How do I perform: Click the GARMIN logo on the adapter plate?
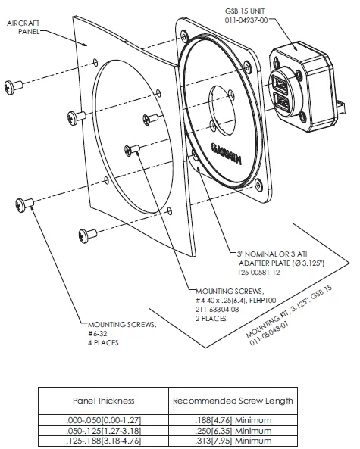(226, 154)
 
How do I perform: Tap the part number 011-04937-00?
(246, 20)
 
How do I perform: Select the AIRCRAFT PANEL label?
(23, 27)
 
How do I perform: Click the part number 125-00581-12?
(258, 272)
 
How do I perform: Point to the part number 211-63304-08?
(218, 309)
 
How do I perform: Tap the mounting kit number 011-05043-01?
(269, 334)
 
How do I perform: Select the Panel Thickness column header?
(104, 401)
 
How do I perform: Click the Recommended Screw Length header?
(233, 401)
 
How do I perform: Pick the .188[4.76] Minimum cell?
(233, 420)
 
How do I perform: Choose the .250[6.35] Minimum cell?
(233, 431)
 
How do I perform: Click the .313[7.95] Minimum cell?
(233, 441)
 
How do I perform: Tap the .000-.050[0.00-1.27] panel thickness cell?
(104, 420)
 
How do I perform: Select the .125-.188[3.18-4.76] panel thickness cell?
(104, 441)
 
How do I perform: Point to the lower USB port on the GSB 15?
(282, 103)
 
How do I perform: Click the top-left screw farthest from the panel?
(13, 86)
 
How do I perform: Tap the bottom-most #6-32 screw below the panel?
(87, 235)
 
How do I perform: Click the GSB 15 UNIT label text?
(245, 11)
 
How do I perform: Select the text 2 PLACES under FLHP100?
(211, 319)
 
